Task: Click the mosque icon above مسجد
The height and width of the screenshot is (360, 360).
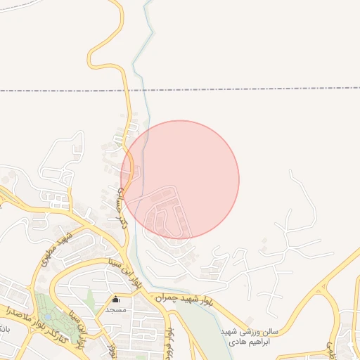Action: click(x=116, y=300)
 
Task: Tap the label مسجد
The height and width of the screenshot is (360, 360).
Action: click(x=115, y=310)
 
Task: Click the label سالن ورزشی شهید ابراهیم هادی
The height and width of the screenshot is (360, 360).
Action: click(x=249, y=335)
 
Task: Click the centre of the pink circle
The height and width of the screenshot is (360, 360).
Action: click(x=180, y=179)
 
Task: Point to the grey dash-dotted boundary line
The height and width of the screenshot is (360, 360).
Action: click(x=211, y=89)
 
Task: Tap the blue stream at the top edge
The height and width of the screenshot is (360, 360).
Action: click(x=146, y=6)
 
